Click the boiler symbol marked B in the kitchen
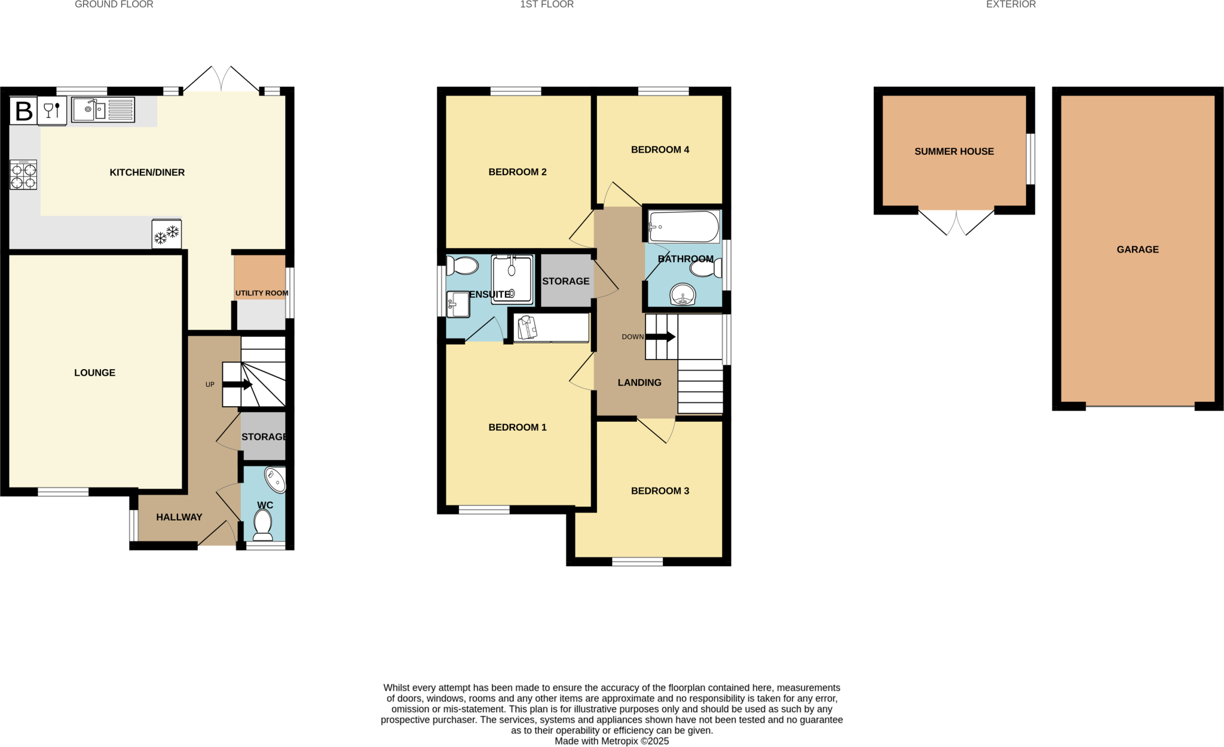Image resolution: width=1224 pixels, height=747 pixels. (x=23, y=111)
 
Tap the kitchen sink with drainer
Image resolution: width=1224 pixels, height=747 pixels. (x=103, y=110)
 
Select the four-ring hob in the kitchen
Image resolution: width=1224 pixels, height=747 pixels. (x=23, y=175)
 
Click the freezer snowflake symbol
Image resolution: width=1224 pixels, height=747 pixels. (x=167, y=234)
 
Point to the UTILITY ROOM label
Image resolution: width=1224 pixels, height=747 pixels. (x=261, y=293)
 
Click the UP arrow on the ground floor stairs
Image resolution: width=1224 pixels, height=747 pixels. (x=237, y=385)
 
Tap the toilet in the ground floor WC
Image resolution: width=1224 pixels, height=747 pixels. (x=263, y=525)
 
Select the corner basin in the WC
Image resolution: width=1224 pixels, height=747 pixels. (x=276, y=480)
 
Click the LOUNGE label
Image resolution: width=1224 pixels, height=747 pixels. (x=94, y=373)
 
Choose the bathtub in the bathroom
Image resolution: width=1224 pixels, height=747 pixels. (x=684, y=227)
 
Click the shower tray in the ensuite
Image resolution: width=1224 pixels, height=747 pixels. (x=512, y=279)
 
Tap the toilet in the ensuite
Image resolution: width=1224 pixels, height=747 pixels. (x=463, y=265)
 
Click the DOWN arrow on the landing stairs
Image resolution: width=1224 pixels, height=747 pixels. (x=660, y=337)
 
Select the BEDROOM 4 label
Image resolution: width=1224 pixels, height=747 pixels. (x=660, y=150)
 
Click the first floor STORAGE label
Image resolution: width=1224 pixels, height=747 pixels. (x=565, y=281)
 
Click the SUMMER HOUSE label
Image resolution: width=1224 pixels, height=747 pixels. (x=954, y=151)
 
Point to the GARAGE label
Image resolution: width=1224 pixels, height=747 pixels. (x=1137, y=249)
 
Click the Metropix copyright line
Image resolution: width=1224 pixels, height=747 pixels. (x=611, y=741)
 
